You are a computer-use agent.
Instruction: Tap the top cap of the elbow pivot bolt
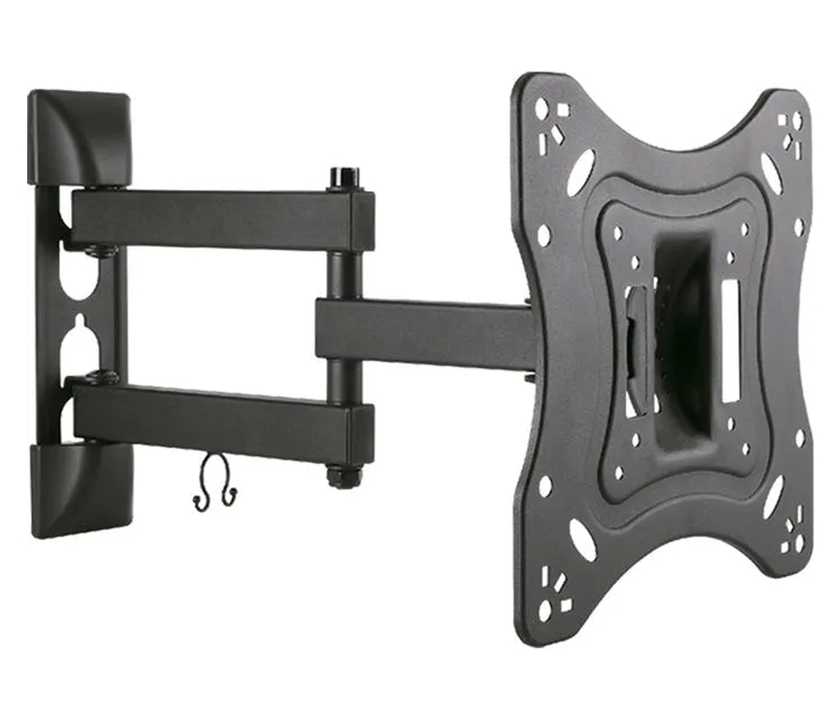click(x=340, y=177)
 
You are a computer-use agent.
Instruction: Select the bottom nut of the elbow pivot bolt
click(x=339, y=476)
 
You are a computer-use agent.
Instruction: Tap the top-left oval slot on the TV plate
click(x=580, y=172)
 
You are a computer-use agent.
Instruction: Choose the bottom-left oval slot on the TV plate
click(x=582, y=540)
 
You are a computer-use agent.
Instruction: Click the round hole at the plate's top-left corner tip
click(x=541, y=108)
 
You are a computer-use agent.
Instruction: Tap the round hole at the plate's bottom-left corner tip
click(x=544, y=611)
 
